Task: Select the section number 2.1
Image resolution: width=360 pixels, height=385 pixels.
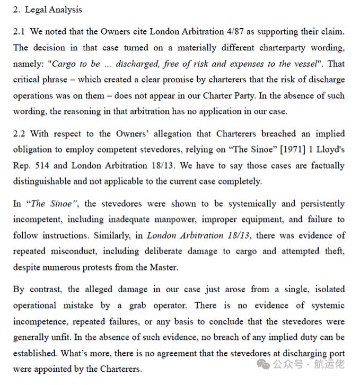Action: (x=19, y=32)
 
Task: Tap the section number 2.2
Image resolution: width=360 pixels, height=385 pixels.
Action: (x=19, y=134)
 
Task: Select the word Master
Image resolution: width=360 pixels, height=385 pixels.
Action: (x=162, y=267)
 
